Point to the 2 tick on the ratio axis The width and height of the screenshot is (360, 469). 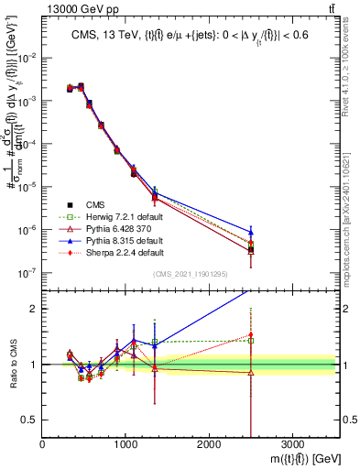pyautogui.click(x=33, y=309)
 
